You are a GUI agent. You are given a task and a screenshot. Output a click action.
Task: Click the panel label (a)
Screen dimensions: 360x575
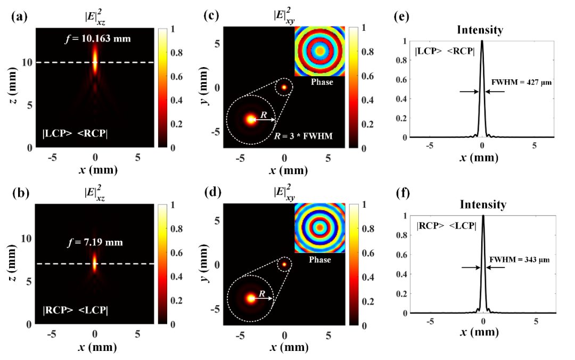click(x=19, y=15)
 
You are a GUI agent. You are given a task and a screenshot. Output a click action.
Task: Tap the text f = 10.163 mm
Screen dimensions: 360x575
click(x=95, y=38)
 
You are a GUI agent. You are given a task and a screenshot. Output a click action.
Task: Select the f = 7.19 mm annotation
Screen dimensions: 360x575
click(x=95, y=242)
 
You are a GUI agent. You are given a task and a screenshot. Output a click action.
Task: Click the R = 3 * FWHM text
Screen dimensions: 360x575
click(x=306, y=136)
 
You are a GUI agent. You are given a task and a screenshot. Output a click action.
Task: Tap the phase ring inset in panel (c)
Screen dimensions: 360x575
click(x=321, y=51)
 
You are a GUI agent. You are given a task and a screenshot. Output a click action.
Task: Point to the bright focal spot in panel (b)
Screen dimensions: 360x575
click(x=95, y=262)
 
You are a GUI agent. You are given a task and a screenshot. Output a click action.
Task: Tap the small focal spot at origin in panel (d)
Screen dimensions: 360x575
click(x=284, y=264)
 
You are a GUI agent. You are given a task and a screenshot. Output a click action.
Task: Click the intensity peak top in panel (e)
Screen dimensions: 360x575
click(x=482, y=43)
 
